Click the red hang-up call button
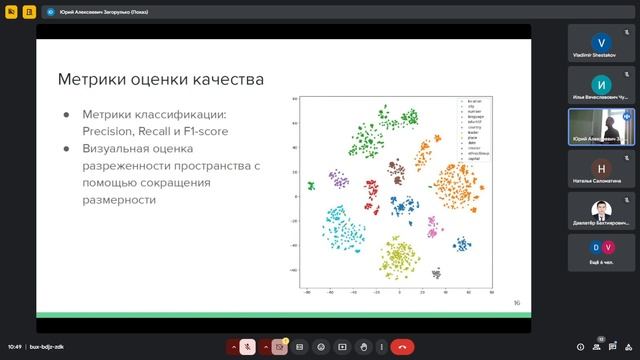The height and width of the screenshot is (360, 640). click(402, 346)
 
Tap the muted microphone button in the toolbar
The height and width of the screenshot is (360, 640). click(246, 346)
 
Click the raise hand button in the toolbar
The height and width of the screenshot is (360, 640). click(364, 346)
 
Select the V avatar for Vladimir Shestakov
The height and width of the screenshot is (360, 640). click(601, 43)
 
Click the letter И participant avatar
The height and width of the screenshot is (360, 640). click(601, 84)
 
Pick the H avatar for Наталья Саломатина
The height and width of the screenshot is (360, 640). click(601, 168)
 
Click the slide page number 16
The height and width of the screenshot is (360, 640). click(516, 303)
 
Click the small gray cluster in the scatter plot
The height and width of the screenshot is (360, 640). click(436, 272)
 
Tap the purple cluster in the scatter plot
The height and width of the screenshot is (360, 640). click(339, 180)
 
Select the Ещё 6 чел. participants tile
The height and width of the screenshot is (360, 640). click(601, 253)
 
